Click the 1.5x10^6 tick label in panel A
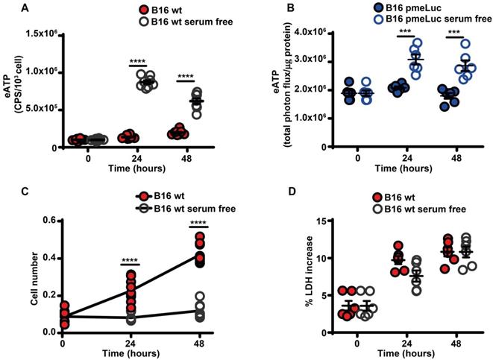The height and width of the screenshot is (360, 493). click(43, 34)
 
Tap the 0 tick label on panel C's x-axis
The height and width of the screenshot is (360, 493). click(63, 342)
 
